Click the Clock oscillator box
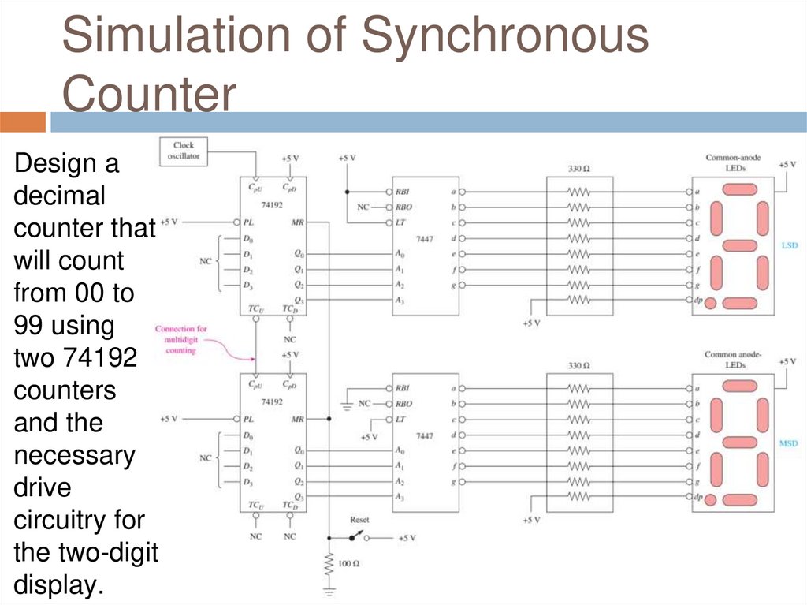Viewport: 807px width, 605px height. [x=184, y=150]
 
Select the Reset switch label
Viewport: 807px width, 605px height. [x=359, y=521]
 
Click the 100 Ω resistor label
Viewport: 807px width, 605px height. [x=349, y=564]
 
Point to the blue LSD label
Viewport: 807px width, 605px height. [x=789, y=246]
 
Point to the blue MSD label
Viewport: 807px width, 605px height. [x=789, y=443]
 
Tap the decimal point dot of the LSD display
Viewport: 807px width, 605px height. [x=710, y=303]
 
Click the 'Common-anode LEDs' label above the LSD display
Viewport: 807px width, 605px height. [x=733, y=162]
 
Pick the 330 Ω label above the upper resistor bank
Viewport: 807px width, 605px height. [x=579, y=169]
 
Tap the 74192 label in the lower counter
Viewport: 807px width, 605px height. [x=272, y=401]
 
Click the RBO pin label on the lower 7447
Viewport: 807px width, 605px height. [x=403, y=404]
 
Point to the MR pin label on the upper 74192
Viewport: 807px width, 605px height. [x=297, y=222]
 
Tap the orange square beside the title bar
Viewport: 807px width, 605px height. [x=23, y=122]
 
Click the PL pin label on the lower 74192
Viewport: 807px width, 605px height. [x=248, y=420]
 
